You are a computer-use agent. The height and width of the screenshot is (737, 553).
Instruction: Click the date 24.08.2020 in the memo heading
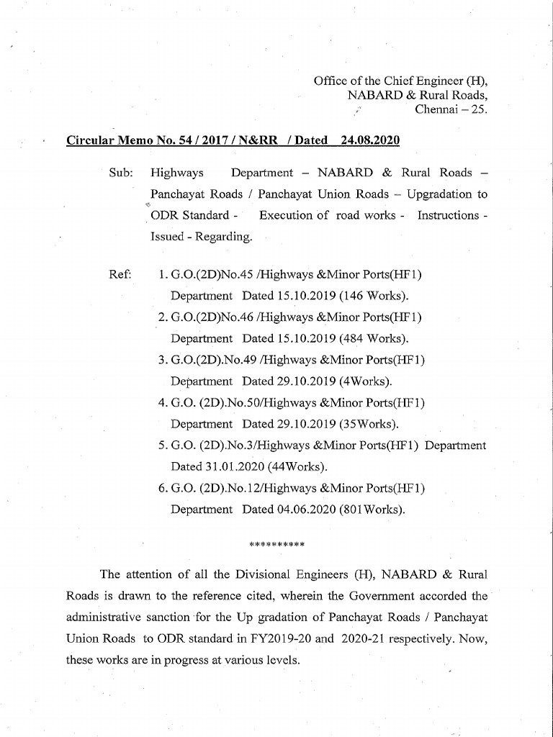coord(370,140)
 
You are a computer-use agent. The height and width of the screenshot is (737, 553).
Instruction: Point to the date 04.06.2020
coord(305,510)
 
